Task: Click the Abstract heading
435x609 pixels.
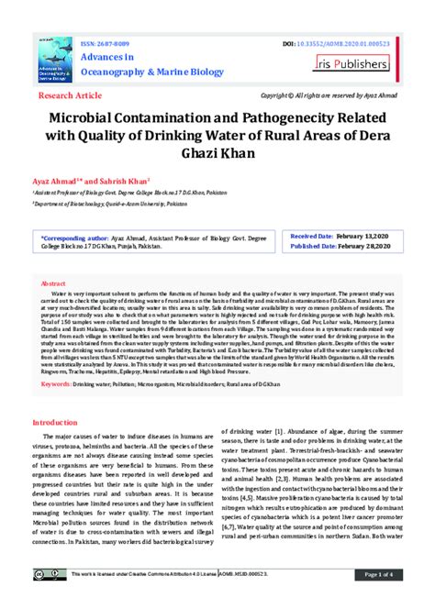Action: tap(54, 284)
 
